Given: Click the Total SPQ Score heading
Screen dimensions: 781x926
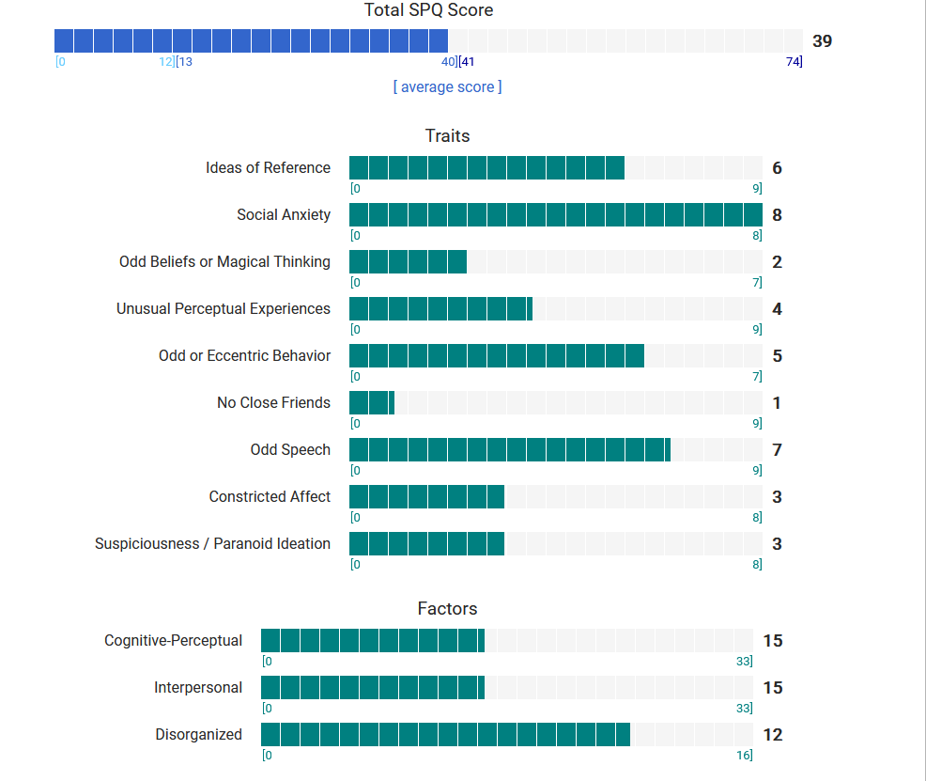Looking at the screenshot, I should (x=428, y=10).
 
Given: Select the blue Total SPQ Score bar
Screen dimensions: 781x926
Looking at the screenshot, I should (x=251, y=40).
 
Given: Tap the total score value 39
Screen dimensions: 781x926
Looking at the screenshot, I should (x=822, y=41).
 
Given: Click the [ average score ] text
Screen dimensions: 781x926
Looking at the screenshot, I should (x=447, y=86).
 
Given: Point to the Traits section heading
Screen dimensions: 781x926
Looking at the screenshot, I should (x=447, y=135).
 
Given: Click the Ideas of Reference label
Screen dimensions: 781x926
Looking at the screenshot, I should (x=268, y=168).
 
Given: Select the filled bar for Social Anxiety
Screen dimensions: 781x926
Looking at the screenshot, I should (x=555, y=215).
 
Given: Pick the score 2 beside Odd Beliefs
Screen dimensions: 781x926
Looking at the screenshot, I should (x=777, y=262).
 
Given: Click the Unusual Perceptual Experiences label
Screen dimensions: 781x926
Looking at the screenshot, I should (x=224, y=309).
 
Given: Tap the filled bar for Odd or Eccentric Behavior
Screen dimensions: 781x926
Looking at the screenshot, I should (x=496, y=356).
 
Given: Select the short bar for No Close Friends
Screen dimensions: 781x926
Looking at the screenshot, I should (x=372, y=403).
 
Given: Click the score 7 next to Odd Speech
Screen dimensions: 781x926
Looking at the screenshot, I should (x=777, y=450).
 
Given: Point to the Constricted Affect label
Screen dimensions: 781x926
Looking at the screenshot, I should (x=270, y=497).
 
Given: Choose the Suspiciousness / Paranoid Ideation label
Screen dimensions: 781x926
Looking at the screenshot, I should (x=212, y=544).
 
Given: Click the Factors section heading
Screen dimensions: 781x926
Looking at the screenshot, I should (x=447, y=609).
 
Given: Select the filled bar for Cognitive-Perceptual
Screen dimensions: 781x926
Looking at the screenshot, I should (x=372, y=641).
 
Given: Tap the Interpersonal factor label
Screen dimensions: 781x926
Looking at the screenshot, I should (x=198, y=688).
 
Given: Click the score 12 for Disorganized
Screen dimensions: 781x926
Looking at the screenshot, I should (x=772, y=735).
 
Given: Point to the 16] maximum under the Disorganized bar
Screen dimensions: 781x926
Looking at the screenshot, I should (x=745, y=756).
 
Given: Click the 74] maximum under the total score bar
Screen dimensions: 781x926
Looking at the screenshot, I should (x=794, y=62).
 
